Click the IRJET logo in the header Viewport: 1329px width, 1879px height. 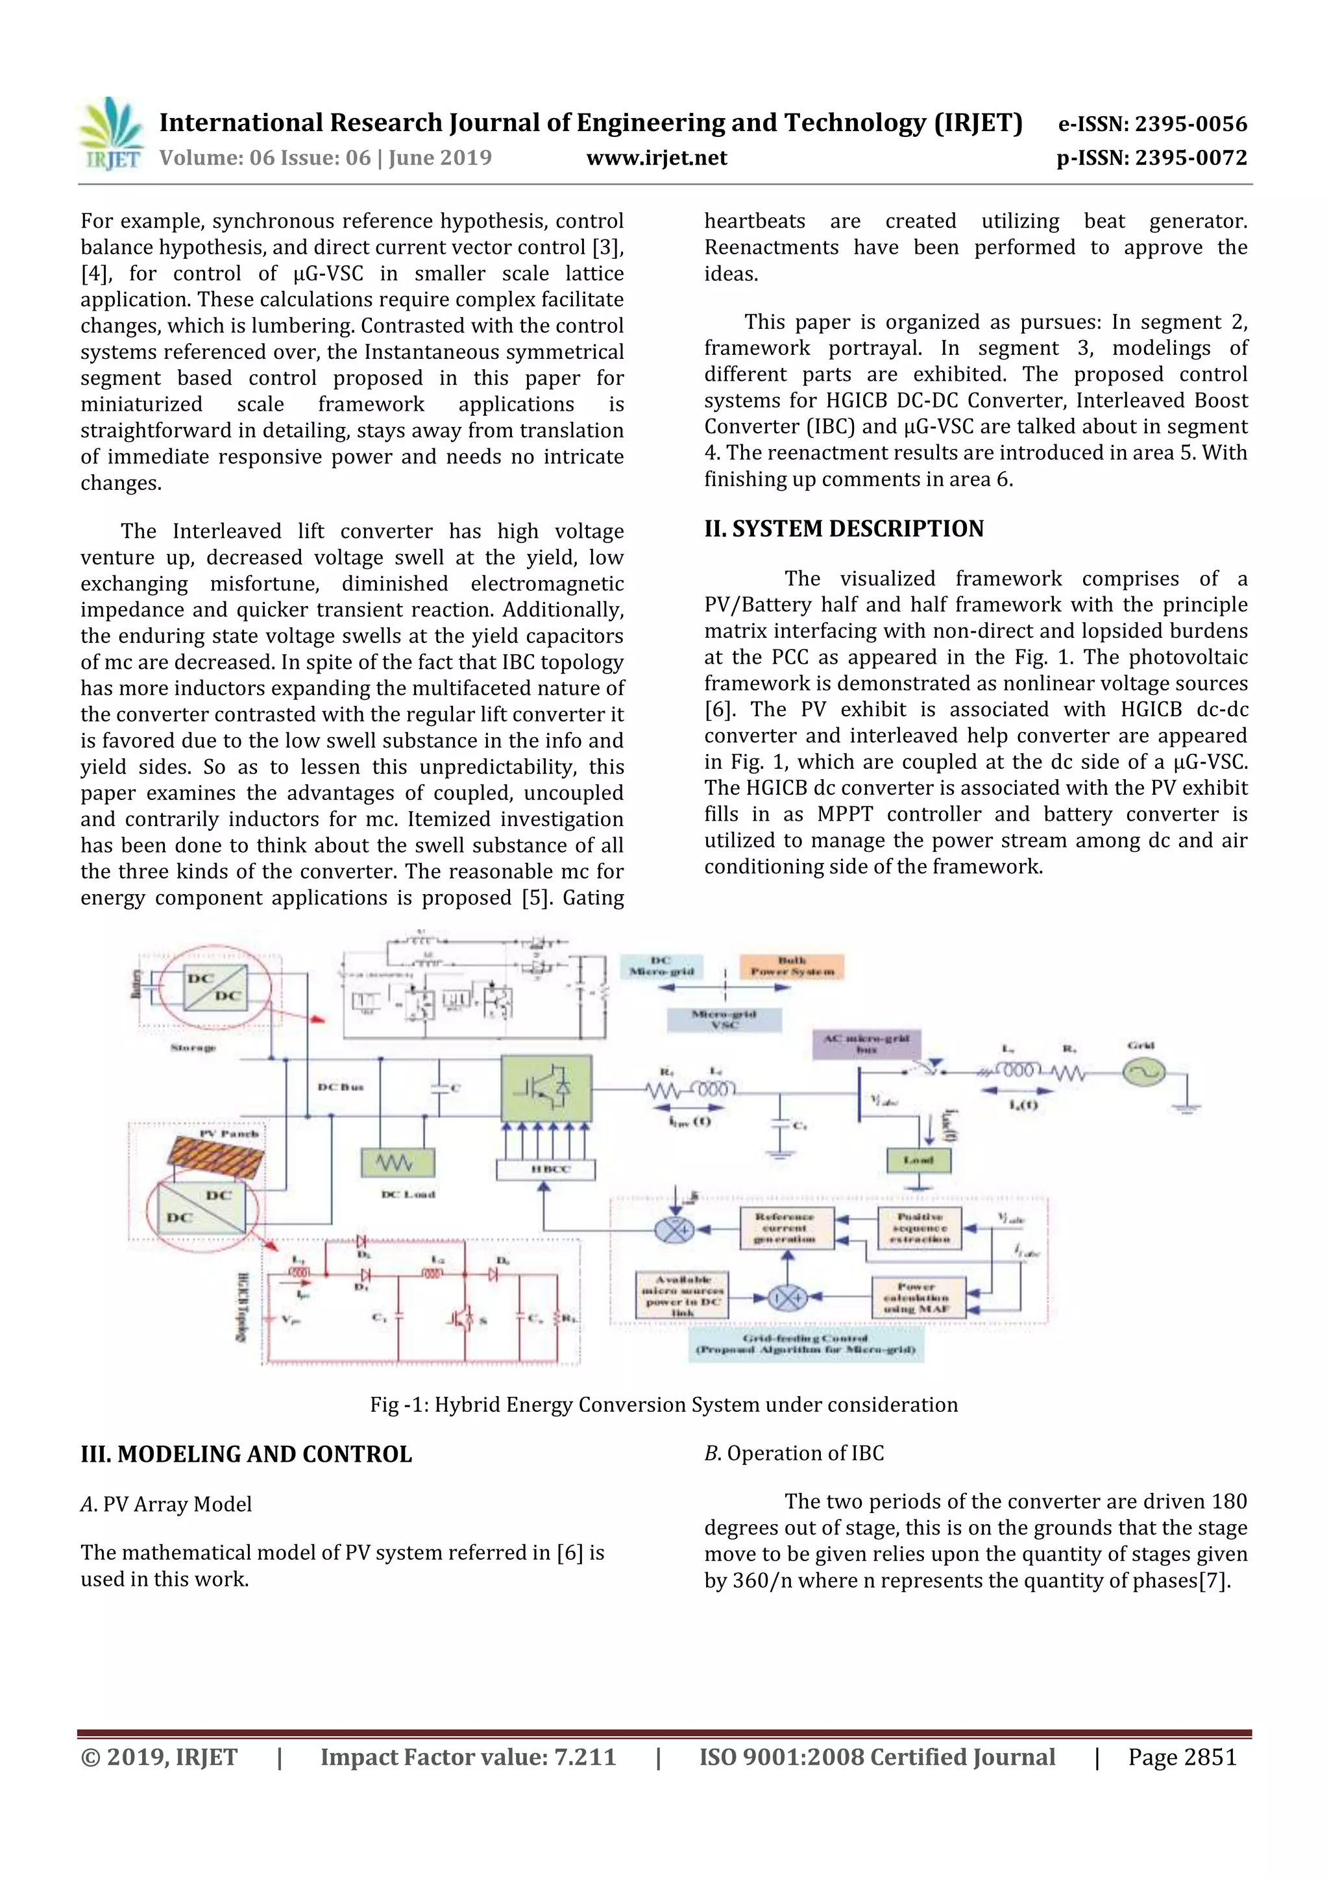click(110, 135)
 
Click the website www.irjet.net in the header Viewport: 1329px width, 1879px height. click(656, 158)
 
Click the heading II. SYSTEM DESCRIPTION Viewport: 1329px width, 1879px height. click(844, 529)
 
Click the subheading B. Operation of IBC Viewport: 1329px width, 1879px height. click(794, 1453)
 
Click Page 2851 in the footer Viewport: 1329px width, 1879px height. click(1182, 1757)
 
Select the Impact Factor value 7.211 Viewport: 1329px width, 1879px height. click(467, 1757)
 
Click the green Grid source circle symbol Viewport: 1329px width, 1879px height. click(1143, 1071)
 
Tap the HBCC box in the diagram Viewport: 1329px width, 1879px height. click(545, 1169)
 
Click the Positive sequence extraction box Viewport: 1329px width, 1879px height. click(919, 1228)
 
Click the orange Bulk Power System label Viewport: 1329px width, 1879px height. click(791, 967)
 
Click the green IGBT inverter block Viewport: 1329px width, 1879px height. click(546, 1087)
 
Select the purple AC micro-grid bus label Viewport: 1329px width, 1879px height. click(866, 1044)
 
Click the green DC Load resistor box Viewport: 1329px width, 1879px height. click(398, 1162)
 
